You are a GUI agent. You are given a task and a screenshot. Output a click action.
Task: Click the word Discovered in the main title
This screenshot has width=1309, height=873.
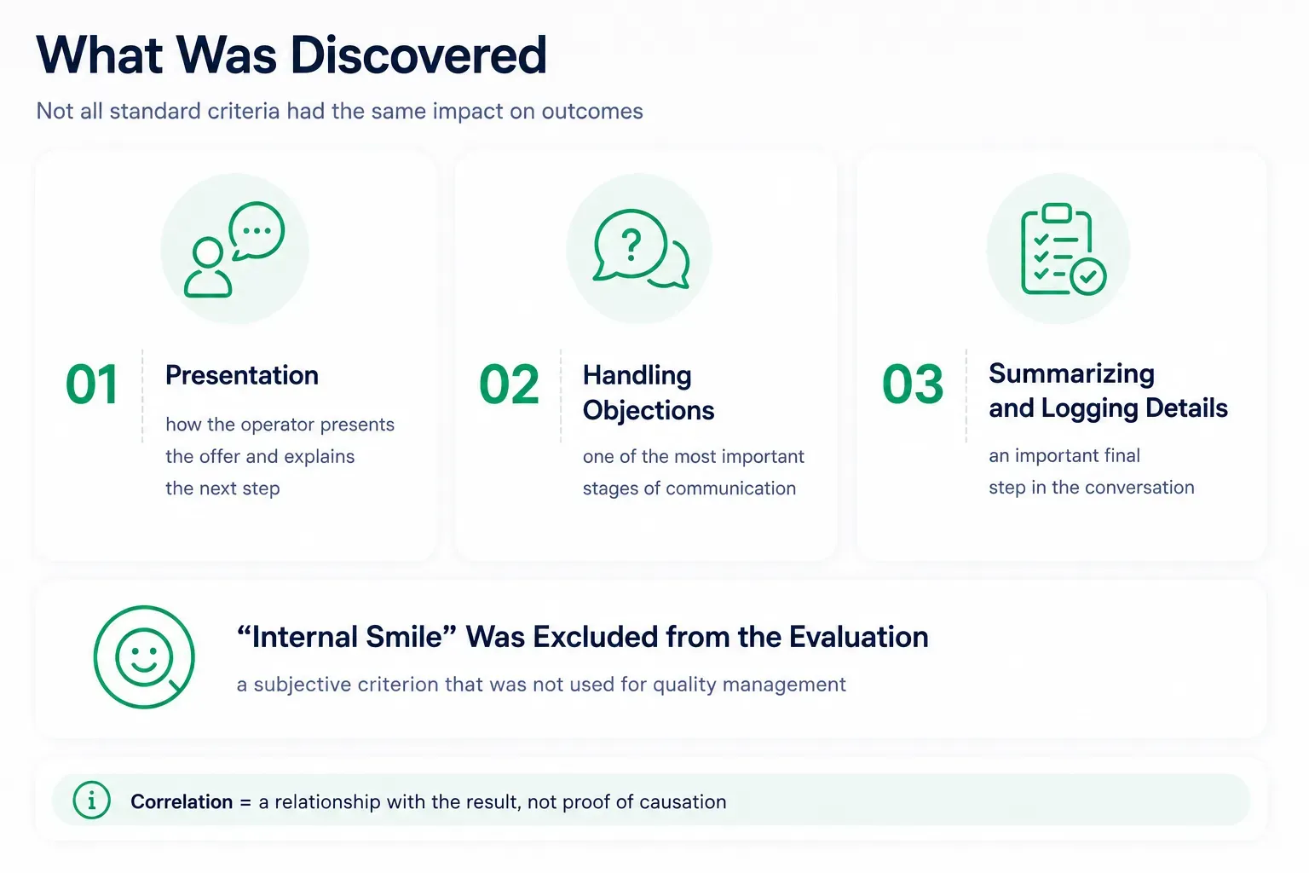point(418,55)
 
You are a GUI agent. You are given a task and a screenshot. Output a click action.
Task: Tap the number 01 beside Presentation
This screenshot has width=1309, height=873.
point(92,384)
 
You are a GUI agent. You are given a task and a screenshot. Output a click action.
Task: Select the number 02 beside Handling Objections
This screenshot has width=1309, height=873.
point(509,384)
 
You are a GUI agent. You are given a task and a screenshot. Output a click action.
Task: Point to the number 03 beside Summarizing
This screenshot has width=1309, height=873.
point(912,384)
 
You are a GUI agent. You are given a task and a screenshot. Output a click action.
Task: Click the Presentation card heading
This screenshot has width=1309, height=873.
point(242,375)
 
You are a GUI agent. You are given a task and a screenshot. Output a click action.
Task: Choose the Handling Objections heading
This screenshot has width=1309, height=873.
point(648,392)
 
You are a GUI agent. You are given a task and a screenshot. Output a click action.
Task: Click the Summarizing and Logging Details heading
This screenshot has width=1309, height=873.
point(1108,390)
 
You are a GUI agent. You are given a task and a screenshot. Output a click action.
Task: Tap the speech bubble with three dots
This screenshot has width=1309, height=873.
point(256,231)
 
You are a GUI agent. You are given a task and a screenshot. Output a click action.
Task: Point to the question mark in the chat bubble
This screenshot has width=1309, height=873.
point(631,245)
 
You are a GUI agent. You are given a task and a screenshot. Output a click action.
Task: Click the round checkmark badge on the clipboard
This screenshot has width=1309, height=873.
point(1088,276)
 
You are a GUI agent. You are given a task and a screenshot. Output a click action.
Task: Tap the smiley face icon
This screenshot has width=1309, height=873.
point(144,656)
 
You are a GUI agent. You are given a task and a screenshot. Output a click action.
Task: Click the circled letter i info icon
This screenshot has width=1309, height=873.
point(92,800)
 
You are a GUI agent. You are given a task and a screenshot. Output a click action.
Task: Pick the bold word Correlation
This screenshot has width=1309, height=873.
point(182,801)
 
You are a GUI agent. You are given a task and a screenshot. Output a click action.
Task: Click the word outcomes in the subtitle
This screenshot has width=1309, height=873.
point(592,111)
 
